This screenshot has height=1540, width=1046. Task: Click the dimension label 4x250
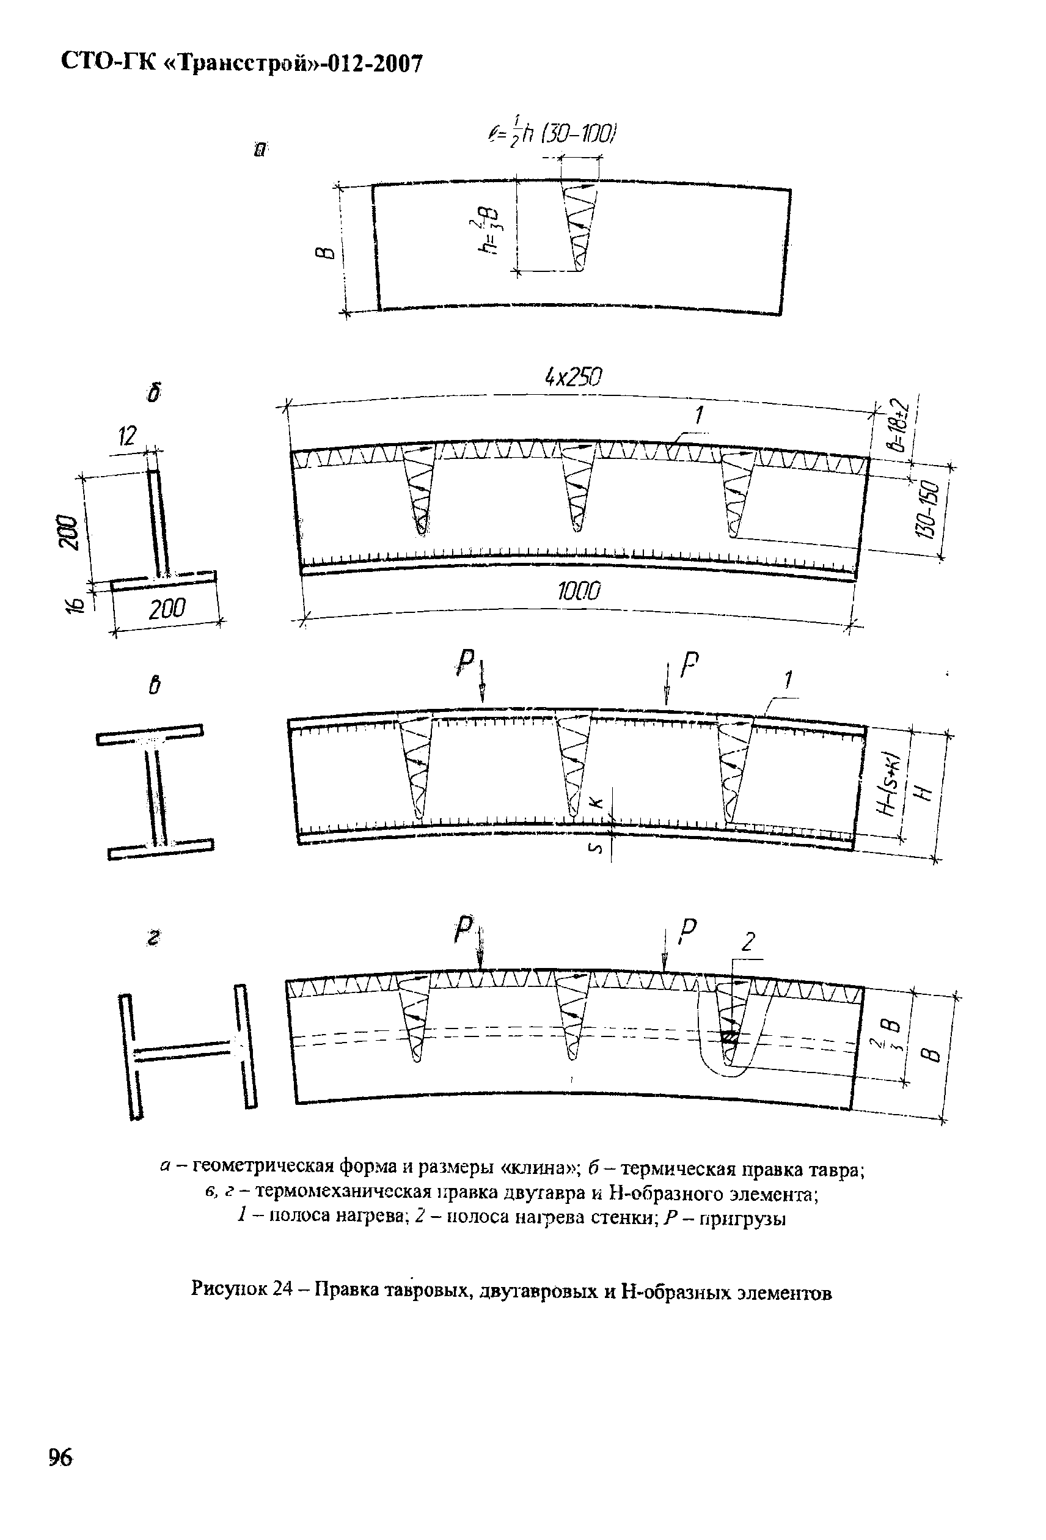(x=573, y=378)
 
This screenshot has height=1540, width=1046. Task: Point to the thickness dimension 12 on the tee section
(x=127, y=436)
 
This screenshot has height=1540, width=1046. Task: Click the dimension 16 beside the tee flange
(x=76, y=604)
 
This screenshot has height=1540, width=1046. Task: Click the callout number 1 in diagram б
(x=698, y=416)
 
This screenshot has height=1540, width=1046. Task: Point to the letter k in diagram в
(x=596, y=802)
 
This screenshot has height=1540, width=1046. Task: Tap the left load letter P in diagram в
(x=466, y=662)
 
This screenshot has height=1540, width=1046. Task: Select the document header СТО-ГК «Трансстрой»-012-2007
(x=241, y=63)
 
